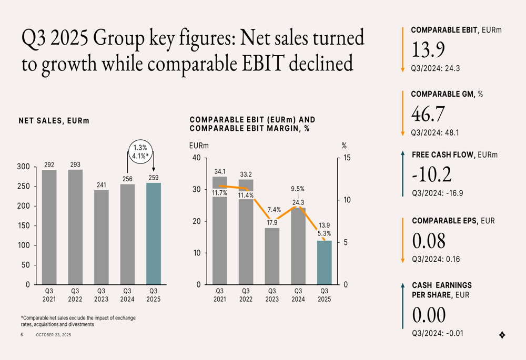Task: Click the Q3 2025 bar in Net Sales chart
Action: click(154, 234)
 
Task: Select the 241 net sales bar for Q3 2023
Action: click(102, 238)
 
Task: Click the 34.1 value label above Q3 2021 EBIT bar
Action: click(220, 171)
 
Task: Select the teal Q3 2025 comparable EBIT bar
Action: click(325, 263)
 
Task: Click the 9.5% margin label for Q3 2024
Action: click(298, 189)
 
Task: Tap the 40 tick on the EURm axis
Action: click(196, 158)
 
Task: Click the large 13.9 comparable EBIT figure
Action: click(428, 49)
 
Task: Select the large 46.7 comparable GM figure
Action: click(428, 114)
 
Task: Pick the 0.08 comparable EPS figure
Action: click(429, 241)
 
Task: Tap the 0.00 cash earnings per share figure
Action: click(429, 315)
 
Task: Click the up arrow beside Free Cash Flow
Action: click(402, 173)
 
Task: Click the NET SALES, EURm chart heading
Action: click(54, 121)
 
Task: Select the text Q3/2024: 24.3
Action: click(436, 68)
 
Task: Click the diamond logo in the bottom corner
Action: click(502, 335)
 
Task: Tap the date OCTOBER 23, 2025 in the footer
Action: click(53, 335)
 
